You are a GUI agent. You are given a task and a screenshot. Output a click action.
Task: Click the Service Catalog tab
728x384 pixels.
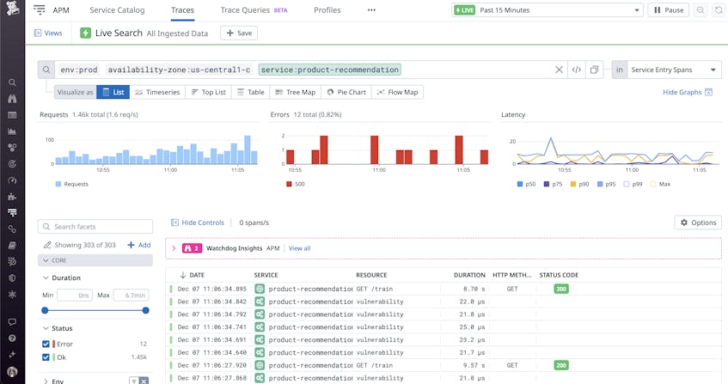click(117, 10)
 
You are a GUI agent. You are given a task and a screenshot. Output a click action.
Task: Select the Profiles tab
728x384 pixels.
click(327, 10)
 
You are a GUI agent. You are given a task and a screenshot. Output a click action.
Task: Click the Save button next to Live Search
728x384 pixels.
click(239, 33)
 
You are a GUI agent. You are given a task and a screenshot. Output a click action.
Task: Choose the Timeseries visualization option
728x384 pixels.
click(156, 92)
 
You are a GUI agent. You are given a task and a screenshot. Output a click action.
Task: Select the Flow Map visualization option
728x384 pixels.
click(397, 92)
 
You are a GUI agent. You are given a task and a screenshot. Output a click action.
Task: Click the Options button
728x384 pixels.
click(697, 222)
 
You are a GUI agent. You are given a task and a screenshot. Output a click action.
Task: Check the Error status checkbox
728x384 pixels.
click(46, 344)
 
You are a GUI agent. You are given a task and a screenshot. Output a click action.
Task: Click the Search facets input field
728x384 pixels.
click(95, 227)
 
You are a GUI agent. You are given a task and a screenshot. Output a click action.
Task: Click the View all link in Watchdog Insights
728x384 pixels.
click(299, 248)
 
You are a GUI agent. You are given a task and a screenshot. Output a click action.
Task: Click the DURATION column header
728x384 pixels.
click(469, 275)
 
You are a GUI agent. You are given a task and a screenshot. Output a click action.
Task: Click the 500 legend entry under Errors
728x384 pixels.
click(297, 184)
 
